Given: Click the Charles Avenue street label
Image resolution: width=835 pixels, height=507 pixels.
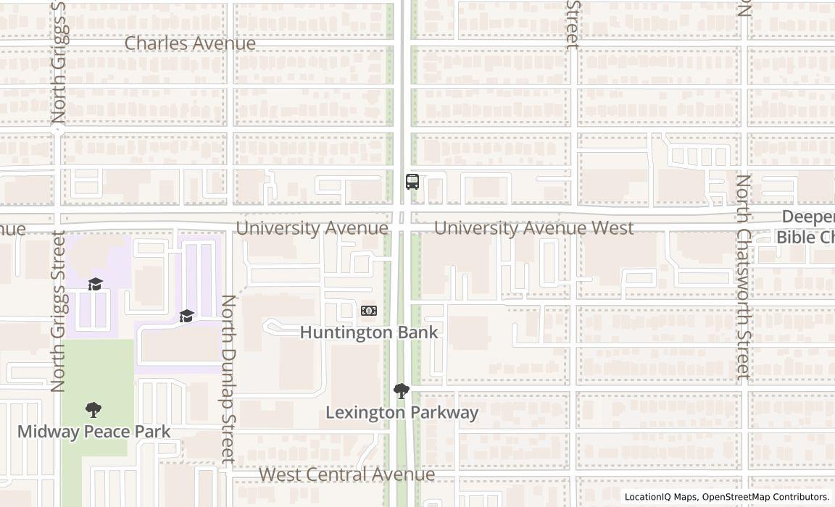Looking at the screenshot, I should pyautogui.click(x=190, y=43).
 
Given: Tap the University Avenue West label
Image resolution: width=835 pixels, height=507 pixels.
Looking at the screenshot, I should pyautogui.click(x=533, y=228).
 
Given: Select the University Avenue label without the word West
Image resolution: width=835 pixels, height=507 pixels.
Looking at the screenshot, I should pyautogui.click(x=312, y=228).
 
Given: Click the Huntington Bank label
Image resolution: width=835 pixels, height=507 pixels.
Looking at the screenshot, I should pyautogui.click(x=369, y=332).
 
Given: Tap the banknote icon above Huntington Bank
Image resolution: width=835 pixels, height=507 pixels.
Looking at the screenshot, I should pyautogui.click(x=369, y=311).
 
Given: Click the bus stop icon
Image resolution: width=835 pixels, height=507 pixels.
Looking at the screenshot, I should pyautogui.click(x=412, y=182).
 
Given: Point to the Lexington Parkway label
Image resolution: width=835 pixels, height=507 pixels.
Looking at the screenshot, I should pyautogui.click(x=402, y=413).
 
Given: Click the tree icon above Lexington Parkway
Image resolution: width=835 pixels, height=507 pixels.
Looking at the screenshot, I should pyautogui.click(x=401, y=391).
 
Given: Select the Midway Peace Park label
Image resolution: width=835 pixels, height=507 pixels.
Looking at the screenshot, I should pyautogui.click(x=94, y=432).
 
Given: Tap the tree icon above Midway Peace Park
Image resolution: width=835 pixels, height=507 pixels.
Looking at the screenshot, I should pyautogui.click(x=94, y=410).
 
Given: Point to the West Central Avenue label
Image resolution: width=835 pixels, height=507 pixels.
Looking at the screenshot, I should pyautogui.click(x=346, y=474).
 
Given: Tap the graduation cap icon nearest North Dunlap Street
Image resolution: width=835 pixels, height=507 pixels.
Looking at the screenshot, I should pyautogui.click(x=187, y=316).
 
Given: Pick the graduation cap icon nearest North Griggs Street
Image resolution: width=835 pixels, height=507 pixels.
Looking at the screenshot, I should pyautogui.click(x=95, y=283).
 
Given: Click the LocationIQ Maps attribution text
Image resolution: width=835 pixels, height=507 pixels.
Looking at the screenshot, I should pyautogui.click(x=661, y=497).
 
